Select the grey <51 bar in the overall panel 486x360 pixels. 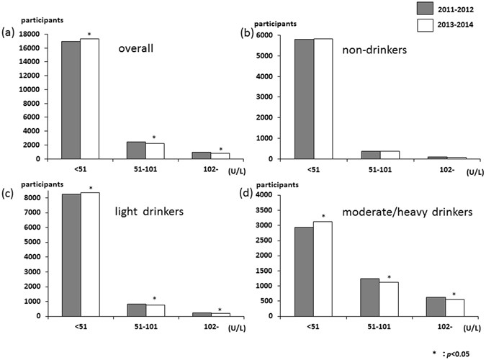[71, 100]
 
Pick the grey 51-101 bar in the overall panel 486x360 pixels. [136, 150]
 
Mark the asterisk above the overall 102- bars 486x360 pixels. [220, 149]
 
